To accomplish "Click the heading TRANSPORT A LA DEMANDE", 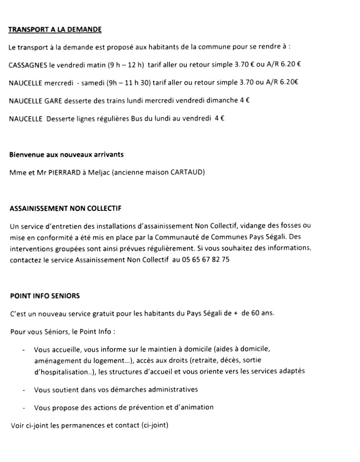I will click(x=55, y=30).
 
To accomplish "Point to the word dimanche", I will click(x=223, y=101).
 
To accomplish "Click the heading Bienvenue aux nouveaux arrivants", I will click(x=66, y=155).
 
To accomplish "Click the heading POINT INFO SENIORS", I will click(x=44, y=296).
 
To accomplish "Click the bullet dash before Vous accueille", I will click(x=23, y=350).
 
